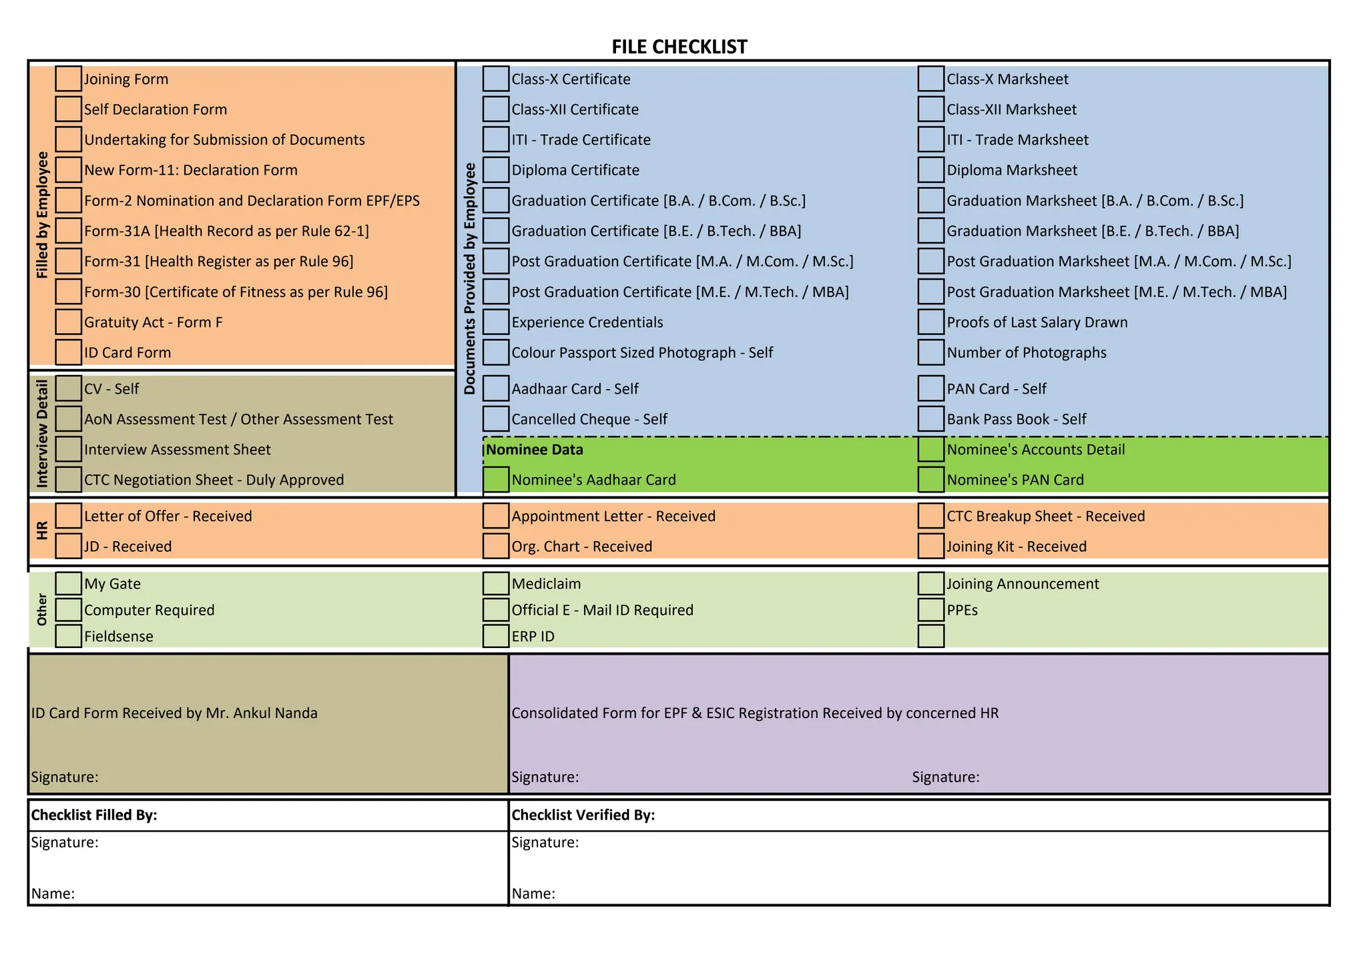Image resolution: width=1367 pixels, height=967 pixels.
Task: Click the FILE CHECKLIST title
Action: click(x=679, y=47)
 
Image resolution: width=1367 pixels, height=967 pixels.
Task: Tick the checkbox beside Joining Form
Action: click(x=68, y=79)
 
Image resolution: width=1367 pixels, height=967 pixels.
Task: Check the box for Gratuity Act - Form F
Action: click(x=68, y=322)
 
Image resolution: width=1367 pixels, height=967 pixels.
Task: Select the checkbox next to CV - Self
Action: click(x=68, y=388)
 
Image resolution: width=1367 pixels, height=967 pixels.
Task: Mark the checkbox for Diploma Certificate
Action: click(x=495, y=170)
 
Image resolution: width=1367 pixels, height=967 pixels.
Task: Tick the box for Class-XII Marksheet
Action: click(x=930, y=109)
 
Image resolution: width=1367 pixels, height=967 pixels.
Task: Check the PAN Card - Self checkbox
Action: click(x=930, y=388)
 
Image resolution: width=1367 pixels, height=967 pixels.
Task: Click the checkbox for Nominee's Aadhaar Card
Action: click(x=495, y=480)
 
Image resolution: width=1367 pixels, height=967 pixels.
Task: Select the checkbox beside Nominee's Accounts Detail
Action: click(x=930, y=449)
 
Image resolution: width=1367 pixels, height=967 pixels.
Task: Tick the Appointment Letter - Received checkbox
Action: click(x=495, y=516)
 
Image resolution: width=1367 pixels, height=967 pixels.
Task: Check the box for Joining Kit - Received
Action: click(x=930, y=547)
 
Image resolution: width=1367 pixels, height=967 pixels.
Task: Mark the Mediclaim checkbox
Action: click(x=495, y=583)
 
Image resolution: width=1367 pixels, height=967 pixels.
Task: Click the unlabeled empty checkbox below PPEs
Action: click(x=930, y=636)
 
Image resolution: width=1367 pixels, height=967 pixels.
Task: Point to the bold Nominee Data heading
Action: click(x=534, y=450)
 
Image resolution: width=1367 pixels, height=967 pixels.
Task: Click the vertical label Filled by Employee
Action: click(x=43, y=215)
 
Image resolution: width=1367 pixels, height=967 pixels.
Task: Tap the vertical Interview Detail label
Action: click(x=43, y=434)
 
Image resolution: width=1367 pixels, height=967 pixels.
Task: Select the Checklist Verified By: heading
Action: click(x=583, y=815)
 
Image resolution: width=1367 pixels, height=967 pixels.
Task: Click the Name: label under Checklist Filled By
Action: click(x=53, y=894)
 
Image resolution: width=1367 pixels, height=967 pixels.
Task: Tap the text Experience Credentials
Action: click(x=587, y=322)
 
